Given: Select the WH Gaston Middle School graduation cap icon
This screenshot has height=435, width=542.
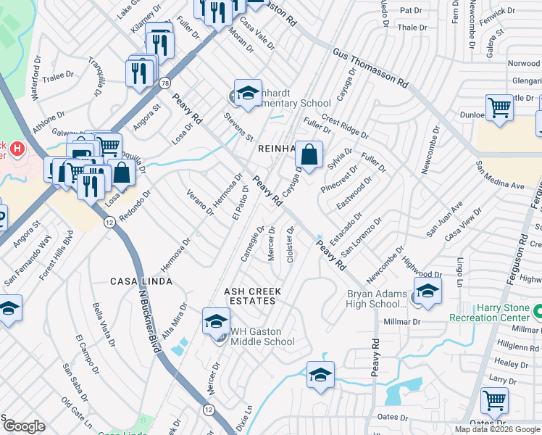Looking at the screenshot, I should [x=216, y=320].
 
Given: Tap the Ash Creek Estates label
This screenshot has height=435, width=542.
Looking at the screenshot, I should [x=251, y=296].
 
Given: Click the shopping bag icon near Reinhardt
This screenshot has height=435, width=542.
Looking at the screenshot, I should [x=309, y=155].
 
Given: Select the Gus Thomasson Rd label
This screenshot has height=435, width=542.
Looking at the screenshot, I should [x=372, y=70].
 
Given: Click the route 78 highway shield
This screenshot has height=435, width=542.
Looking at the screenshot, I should [x=164, y=83].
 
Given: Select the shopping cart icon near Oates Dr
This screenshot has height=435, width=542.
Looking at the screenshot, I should [x=494, y=400].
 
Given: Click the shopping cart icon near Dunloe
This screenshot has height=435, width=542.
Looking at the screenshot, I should [x=500, y=107].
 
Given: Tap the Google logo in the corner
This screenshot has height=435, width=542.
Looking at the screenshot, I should [x=24, y=426].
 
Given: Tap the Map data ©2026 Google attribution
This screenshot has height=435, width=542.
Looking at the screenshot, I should [x=498, y=429].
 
